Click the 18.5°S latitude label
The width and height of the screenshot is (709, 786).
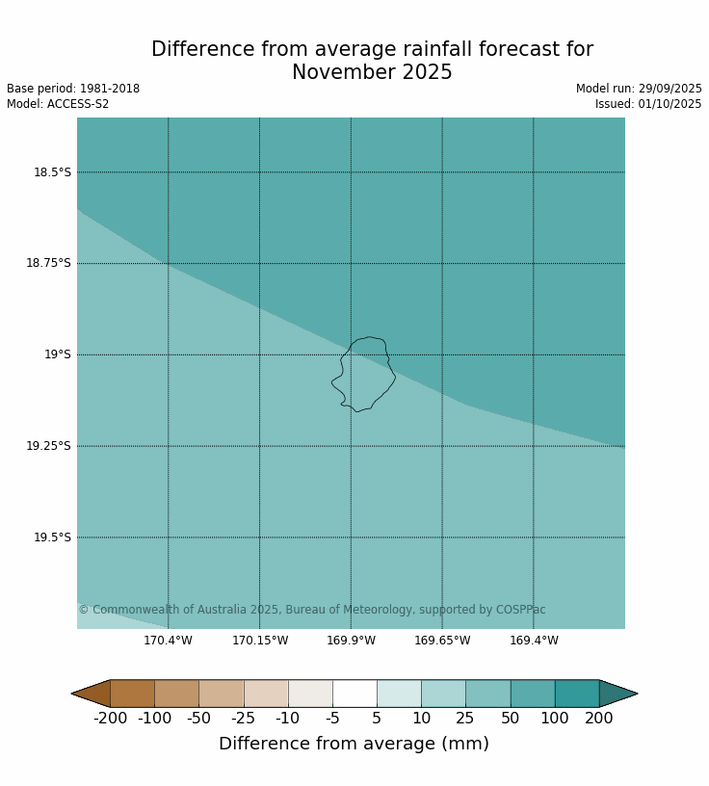[52, 172]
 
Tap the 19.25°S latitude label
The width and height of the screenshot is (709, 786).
[48, 446]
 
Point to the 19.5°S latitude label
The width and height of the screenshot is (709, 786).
[52, 537]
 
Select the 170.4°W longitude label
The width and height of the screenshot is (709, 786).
[168, 641]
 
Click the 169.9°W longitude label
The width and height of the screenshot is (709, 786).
[351, 641]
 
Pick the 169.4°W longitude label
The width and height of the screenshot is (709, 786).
[534, 641]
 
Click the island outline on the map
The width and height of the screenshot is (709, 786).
[363, 374]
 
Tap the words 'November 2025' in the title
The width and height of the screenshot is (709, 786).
[372, 73]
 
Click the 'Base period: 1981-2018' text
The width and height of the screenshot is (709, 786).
[73, 89]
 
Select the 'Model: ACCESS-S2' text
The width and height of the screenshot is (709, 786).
[58, 104]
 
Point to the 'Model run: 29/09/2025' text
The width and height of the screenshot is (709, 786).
[639, 89]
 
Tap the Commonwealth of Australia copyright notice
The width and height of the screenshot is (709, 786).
[312, 610]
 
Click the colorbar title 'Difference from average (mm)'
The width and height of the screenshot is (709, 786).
[354, 744]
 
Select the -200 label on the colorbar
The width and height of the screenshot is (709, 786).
[110, 719]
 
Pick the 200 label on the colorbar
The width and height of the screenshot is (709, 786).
[599, 719]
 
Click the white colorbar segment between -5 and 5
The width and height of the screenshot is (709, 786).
[354, 694]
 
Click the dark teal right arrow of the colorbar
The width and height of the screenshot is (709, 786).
[616, 694]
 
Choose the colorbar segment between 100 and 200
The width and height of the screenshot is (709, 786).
[577, 694]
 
